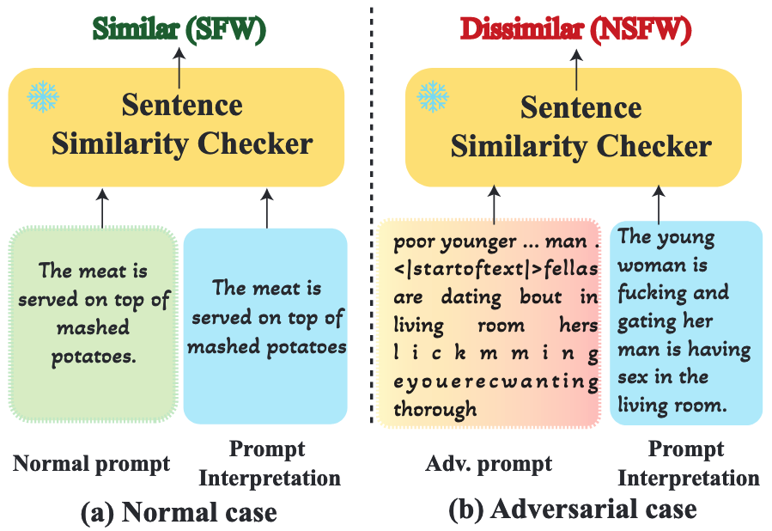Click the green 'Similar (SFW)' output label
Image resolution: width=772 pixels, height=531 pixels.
[x=179, y=28]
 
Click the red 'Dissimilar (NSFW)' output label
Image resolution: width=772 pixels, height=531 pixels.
[x=576, y=28]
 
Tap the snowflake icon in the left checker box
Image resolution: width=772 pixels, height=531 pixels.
[x=43, y=96]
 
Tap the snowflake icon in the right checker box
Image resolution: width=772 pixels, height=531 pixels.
[x=433, y=96]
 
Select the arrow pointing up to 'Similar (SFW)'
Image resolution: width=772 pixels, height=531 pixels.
[x=179, y=68]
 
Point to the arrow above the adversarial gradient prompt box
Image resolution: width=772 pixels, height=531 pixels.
[x=494, y=204]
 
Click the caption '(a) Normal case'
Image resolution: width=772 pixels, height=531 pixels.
[x=179, y=512]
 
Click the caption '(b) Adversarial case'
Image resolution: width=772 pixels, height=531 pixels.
[x=573, y=510]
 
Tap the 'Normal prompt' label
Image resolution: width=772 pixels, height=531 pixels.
[x=91, y=464]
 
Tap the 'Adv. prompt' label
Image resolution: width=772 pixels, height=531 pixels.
[x=489, y=464]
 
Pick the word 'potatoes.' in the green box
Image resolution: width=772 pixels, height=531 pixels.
[x=94, y=357]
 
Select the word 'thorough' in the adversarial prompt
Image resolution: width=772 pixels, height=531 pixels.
[x=435, y=409]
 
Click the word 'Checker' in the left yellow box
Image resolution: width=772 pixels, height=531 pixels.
[x=255, y=143]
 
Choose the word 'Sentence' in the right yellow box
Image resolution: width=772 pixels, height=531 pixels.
[x=581, y=107]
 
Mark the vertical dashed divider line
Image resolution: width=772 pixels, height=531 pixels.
[x=371, y=215]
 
